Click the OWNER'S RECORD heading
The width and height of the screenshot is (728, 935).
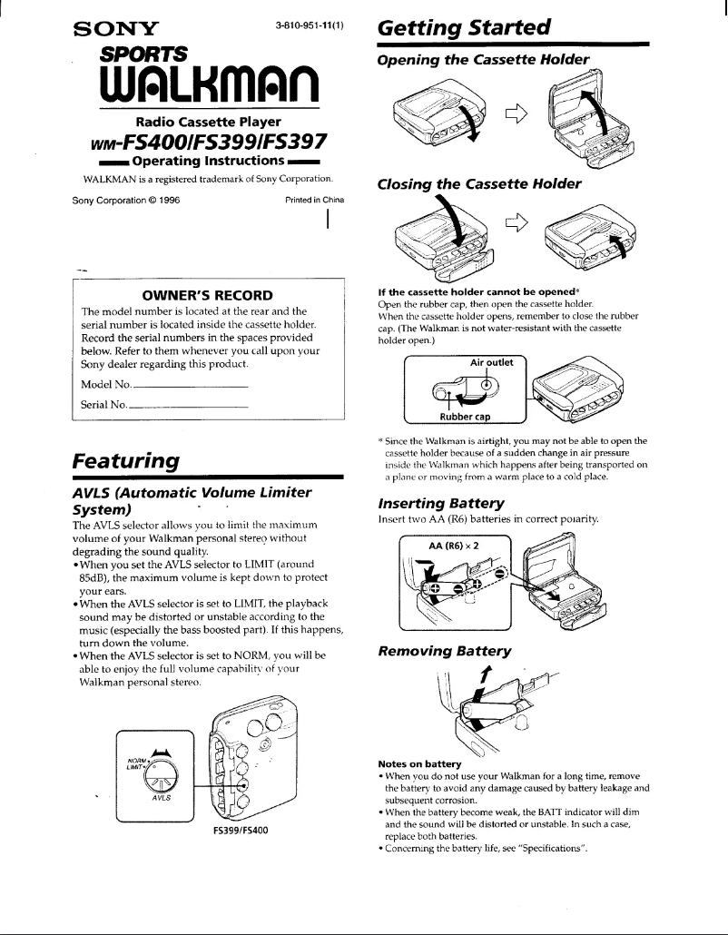(207, 295)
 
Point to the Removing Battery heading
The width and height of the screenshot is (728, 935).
(444, 650)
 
